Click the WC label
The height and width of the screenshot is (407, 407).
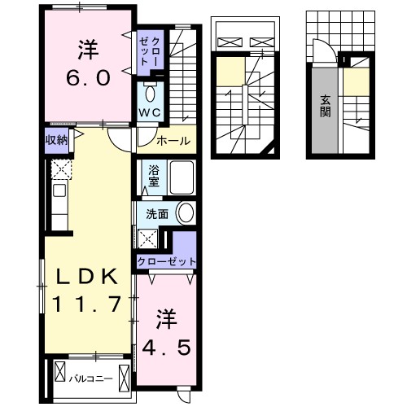(149, 112)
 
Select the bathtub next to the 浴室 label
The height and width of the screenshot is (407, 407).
(180, 178)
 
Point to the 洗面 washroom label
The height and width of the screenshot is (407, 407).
(156, 214)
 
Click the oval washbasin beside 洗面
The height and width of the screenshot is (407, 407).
(185, 214)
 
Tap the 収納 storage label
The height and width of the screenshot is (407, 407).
(56, 138)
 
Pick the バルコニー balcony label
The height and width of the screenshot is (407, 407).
(90, 378)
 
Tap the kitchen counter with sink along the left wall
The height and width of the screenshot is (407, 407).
(59, 203)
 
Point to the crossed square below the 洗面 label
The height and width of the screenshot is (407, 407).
(148, 239)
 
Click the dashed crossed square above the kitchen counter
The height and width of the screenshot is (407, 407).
(59, 168)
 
